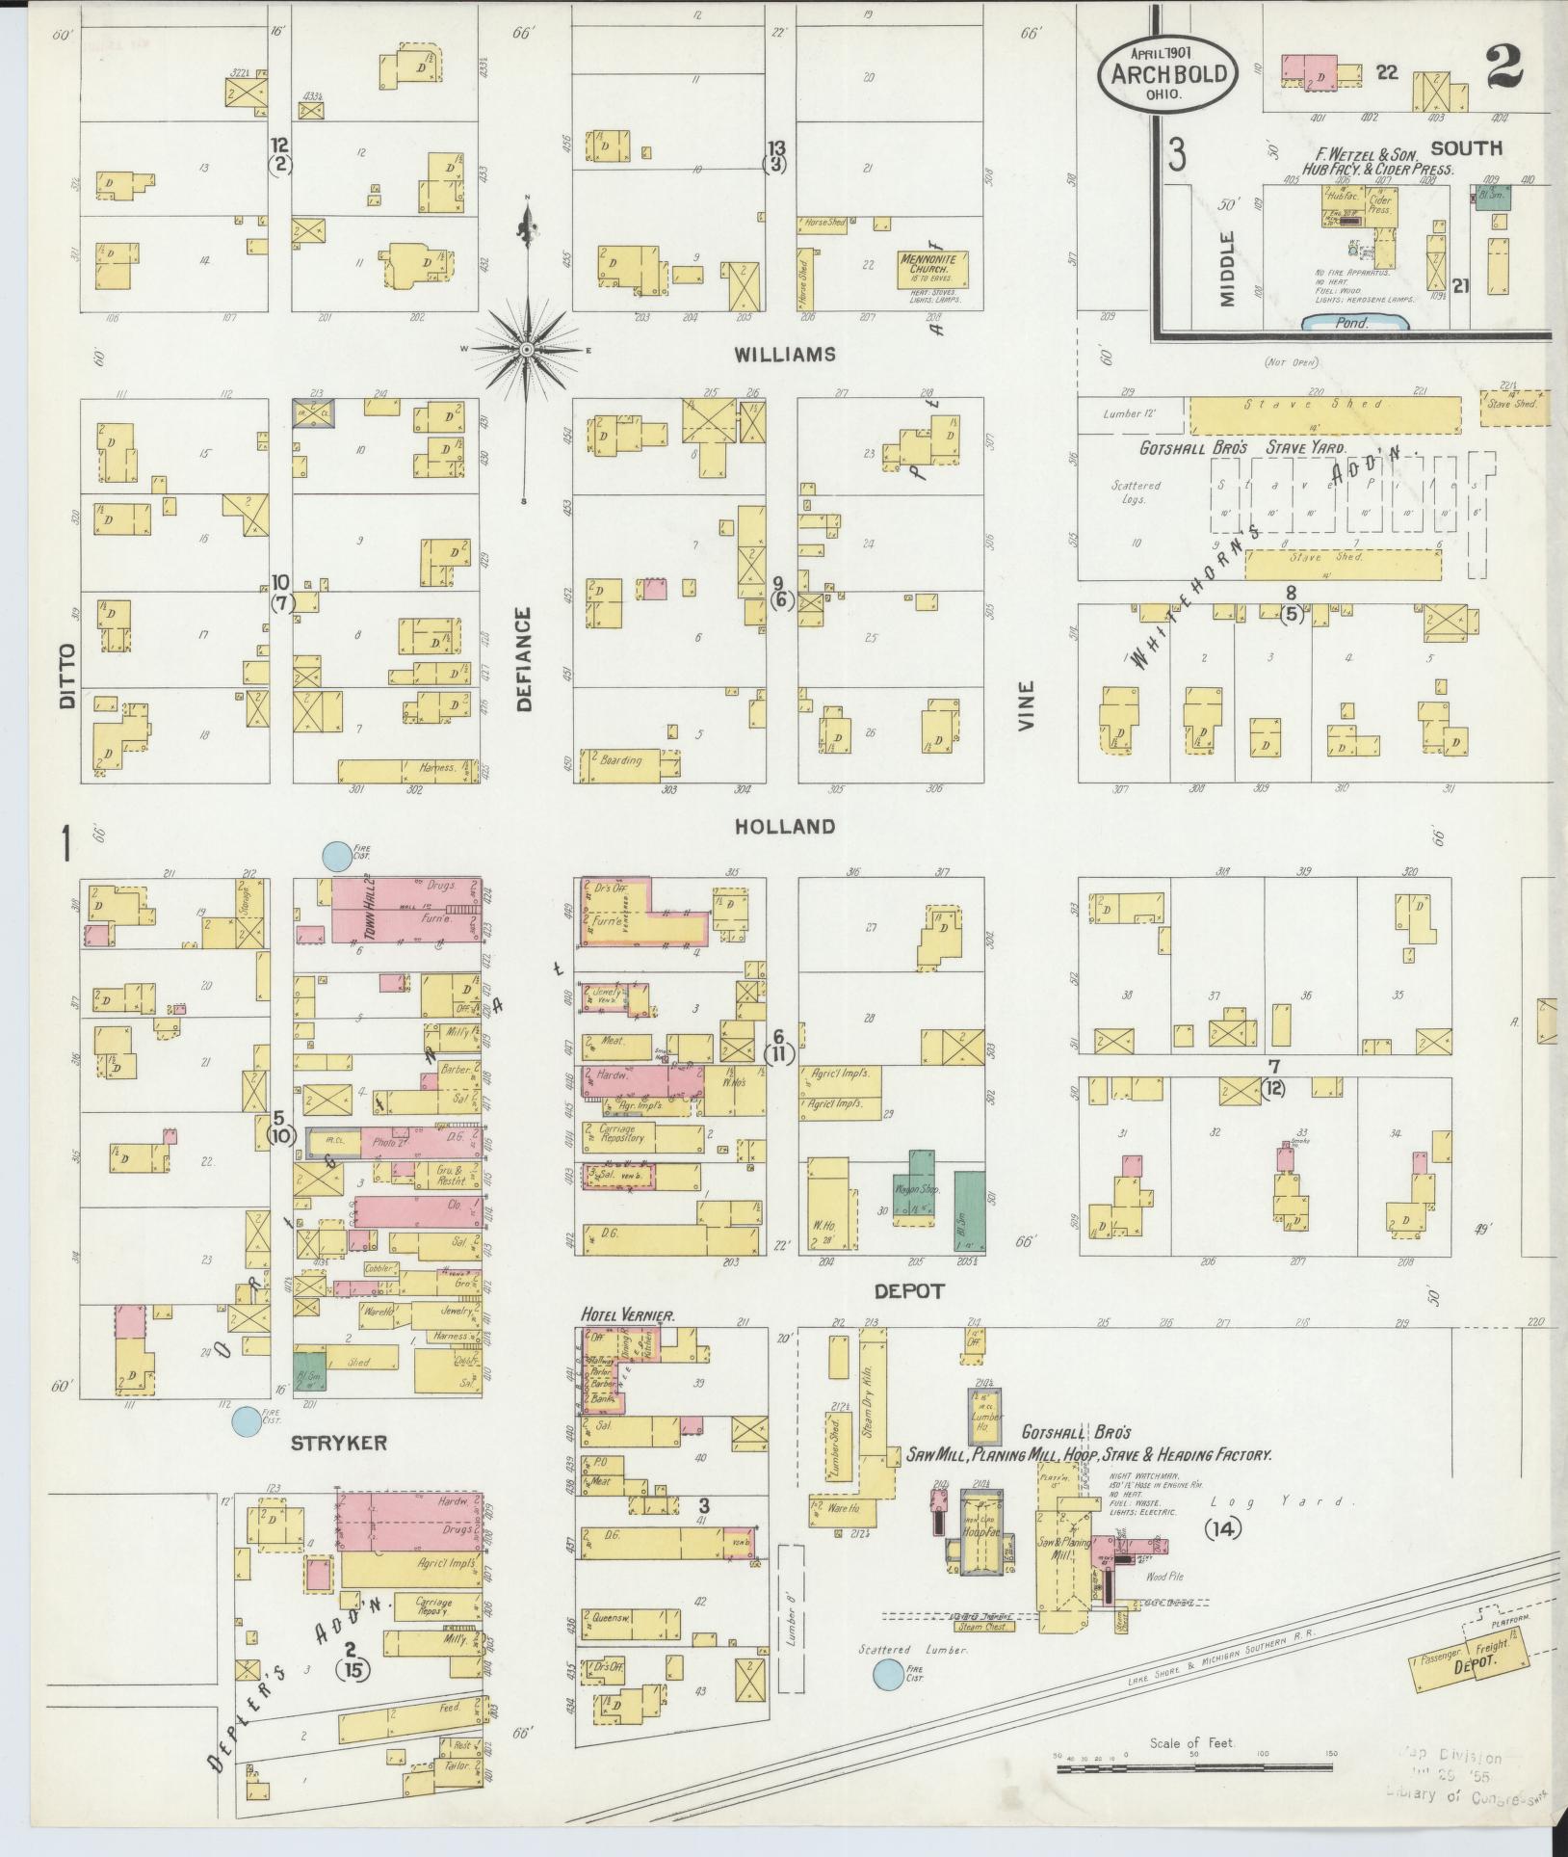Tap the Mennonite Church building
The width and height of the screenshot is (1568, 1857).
pos(932,268)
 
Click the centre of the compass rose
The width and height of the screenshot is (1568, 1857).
pos(526,348)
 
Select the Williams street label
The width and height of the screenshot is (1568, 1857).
pos(784,355)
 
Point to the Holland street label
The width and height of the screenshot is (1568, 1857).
pos(785,827)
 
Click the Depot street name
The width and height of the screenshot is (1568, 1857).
pos(909,1290)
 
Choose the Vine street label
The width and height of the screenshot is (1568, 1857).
pos(1026,704)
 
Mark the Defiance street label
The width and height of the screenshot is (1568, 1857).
pos(524,658)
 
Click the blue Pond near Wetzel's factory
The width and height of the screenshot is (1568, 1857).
pos(1352,323)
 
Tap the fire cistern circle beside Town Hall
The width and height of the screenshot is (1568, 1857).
pos(336,855)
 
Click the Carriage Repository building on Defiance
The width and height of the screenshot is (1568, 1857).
pos(641,1138)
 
